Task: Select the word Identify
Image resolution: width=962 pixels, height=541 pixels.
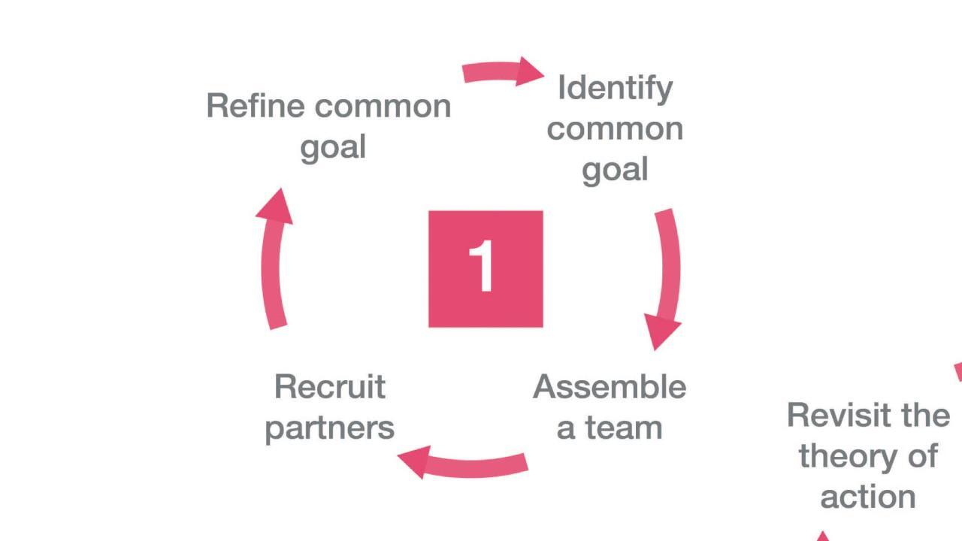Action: pyautogui.click(x=615, y=89)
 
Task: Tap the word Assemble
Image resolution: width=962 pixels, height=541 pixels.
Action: pyautogui.click(x=610, y=388)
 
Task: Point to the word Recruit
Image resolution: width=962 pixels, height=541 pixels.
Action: pyautogui.click(x=330, y=388)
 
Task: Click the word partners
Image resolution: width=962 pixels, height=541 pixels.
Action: pyautogui.click(x=330, y=428)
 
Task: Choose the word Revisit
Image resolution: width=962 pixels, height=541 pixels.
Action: pyautogui.click(x=834, y=416)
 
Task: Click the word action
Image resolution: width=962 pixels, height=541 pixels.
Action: pyautogui.click(x=868, y=497)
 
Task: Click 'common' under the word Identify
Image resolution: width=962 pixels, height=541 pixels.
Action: pyautogui.click(x=615, y=129)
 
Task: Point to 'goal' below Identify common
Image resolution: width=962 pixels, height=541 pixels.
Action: pyautogui.click(x=615, y=170)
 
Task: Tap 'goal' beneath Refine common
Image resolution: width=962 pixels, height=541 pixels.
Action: pyautogui.click(x=333, y=147)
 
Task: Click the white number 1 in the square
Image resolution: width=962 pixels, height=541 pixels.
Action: pyautogui.click(x=483, y=267)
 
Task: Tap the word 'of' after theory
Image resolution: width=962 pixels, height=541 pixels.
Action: pyautogui.click(x=921, y=456)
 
